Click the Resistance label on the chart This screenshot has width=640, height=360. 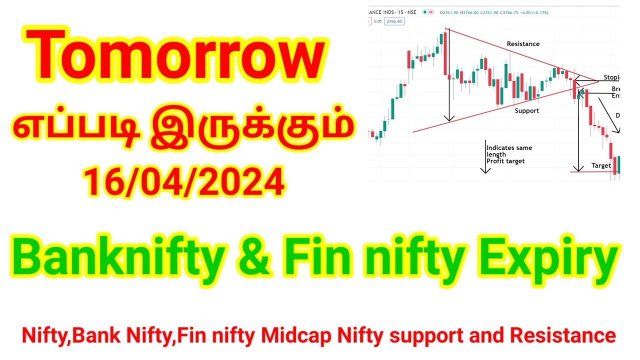click(x=523, y=44)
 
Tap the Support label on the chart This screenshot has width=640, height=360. click(x=527, y=110)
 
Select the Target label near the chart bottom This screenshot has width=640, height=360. click(x=601, y=165)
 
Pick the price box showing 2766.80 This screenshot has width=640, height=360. click(x=393, y=21)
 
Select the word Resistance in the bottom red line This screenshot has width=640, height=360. click(x=570, y=335)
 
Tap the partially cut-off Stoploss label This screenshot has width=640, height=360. click(x=611, y=77)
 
